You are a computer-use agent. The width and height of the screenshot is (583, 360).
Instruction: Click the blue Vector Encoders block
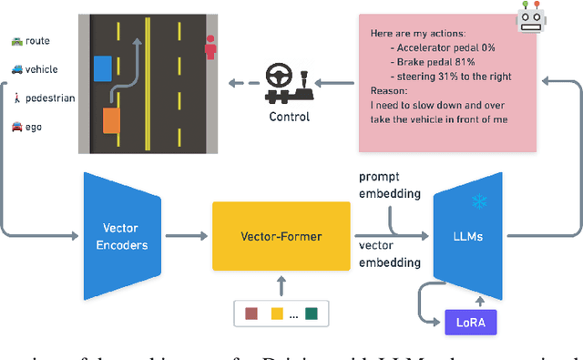[123, 235]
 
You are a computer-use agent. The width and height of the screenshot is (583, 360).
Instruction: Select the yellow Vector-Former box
[280, 235]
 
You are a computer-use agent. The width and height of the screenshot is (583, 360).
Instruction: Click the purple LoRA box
[471, 322]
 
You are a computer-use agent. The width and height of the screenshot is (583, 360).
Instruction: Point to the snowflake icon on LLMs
[478, 201]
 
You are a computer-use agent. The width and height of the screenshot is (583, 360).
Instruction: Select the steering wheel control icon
[290, 83]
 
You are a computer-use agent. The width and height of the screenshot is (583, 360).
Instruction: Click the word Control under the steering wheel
[289, 117]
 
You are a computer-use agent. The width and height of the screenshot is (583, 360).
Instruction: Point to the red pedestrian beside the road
[211, 47]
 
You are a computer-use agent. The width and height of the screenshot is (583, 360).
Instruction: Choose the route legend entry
[31, 41]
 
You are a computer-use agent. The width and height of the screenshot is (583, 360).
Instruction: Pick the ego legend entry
[26, 127]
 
